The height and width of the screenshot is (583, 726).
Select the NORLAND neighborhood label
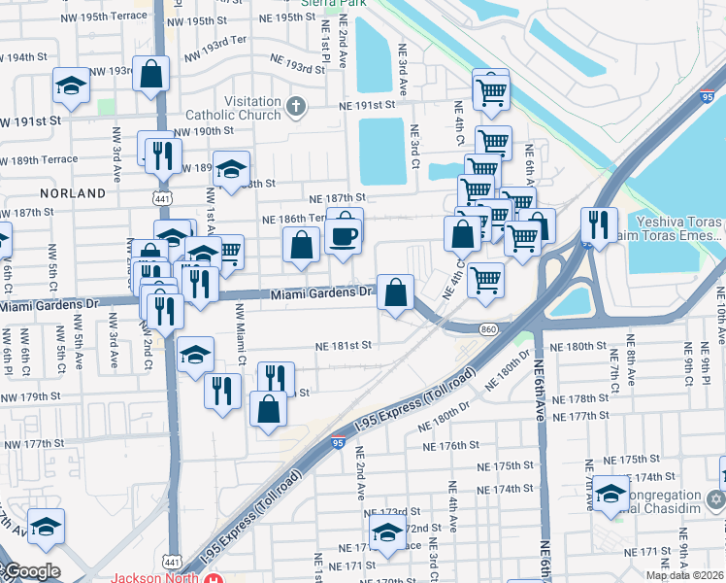(x=74, y=193)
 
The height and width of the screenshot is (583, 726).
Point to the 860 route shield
(x=489, y=331)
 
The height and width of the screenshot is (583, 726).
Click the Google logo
(x=32, y=571)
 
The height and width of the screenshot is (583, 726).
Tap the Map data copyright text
(x=683, y=574)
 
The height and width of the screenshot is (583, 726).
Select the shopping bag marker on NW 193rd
(x=151, y=75)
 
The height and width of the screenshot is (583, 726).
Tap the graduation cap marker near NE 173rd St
(x=387, y=532)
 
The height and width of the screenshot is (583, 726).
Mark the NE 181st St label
(x=343, y=344)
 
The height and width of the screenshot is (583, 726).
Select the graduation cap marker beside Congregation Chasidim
(x=610, y=493)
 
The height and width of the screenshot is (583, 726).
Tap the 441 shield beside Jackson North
(x=171, y=562)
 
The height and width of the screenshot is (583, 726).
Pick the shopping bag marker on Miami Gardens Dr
(x=396, y=291)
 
